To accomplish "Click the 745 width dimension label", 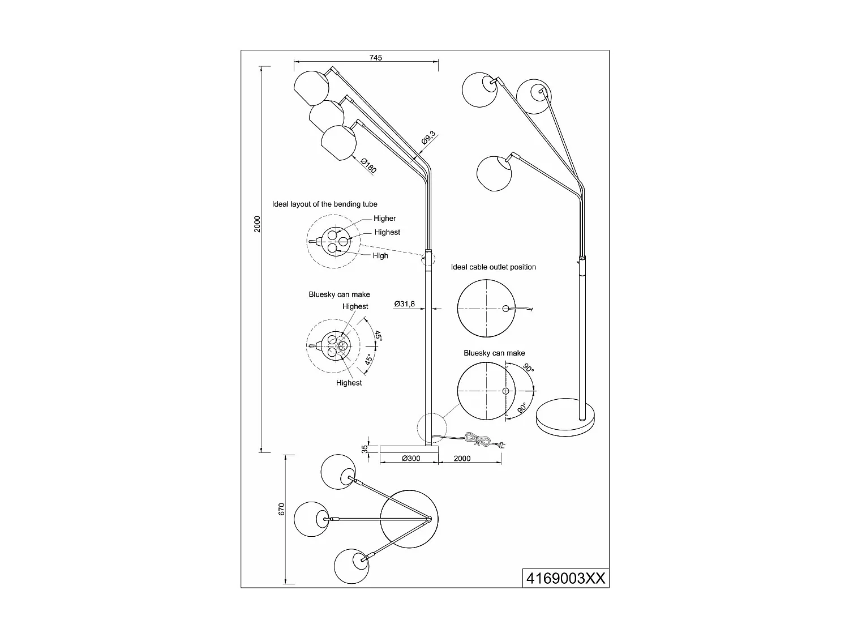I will pos(376,58).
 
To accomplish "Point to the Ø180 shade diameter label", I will pos(368,165).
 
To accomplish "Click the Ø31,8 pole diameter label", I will pos(405,304).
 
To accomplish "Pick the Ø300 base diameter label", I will pos(411,458).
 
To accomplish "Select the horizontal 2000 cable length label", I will pos(462,458).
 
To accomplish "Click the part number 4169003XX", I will pos(565,578).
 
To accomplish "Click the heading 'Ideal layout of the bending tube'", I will pos(324,204).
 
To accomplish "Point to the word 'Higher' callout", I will pos(385,219).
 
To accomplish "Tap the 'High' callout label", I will pos(380,255).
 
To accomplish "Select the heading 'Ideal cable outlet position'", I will pos(494,267).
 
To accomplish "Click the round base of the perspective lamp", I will pos(566,416).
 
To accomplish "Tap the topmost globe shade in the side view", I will pos(311,88).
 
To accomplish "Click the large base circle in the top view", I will pos(409,518).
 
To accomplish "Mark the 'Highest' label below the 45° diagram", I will pos(349,383).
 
